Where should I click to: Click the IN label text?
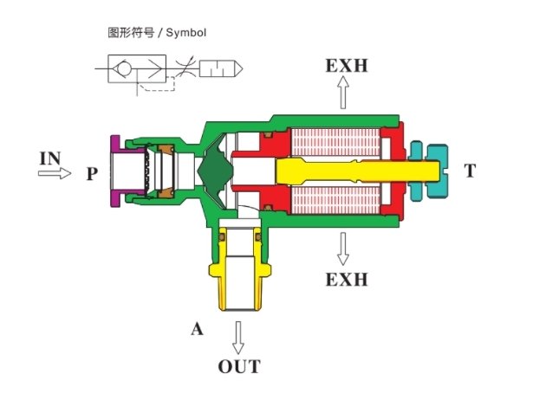click(50, 158)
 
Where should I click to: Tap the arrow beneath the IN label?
click(55, 173)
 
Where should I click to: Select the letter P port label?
click(92, 173)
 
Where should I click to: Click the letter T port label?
click(470, 171)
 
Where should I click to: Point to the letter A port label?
click(197, 329)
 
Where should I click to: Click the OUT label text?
click(239, 366)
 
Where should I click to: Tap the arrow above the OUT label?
click(238, 338)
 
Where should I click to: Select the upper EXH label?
click(347, 66)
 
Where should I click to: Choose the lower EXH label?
click(347, 280)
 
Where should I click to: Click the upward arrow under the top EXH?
click(342, 93)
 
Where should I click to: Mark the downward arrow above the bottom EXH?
click(342, 249)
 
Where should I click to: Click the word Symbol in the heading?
click(186, 33)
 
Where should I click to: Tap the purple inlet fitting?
click(115, 171)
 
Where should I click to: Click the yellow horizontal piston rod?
click(358, 171)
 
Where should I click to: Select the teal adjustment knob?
click(429, 171)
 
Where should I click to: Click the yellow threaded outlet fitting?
click(239, 269)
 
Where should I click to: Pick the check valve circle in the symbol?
click(124, 68)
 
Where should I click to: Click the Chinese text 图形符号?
click(131, 33)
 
